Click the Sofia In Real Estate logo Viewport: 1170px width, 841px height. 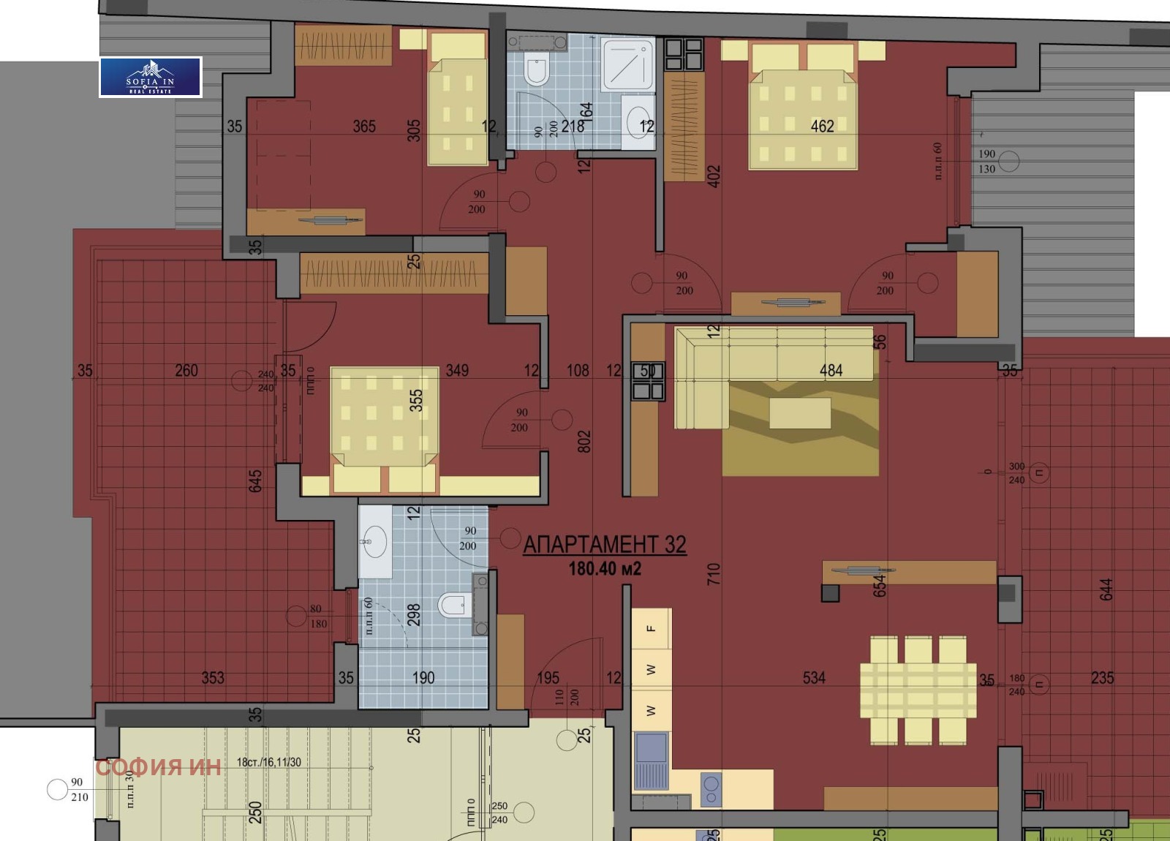click(151, 77)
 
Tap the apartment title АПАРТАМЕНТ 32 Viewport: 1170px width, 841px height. click(604, 544)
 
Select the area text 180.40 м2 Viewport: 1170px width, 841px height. click(605, 569)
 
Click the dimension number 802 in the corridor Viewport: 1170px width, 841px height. click(584, 441)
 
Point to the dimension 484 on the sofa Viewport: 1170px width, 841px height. click(831, 370)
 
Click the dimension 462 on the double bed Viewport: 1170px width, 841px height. click(822, 126)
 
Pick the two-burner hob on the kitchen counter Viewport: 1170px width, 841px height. click(711, 790)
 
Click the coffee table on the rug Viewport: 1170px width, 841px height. click(800, 413)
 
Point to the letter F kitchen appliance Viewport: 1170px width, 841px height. click(651, 628)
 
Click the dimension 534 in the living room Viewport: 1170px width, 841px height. click(814, 678)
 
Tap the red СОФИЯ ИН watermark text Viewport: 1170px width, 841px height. click(158, 766)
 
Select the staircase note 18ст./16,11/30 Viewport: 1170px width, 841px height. click(268, 762)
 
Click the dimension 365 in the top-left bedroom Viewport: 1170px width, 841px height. click(364, 126)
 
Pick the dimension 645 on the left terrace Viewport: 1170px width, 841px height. click(255, 480)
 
